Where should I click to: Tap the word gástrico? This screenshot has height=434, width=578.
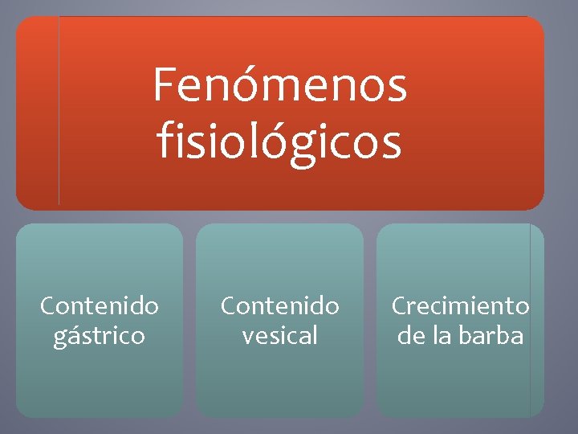coord(100,335)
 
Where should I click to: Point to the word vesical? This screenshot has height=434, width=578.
coord(280,335)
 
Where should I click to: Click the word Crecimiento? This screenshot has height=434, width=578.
coord(460,306)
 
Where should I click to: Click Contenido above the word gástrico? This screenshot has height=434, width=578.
coord(100,306)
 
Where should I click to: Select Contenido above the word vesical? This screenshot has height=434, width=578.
coord(280,306)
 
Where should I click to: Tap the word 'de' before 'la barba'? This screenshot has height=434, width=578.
coord(411,335)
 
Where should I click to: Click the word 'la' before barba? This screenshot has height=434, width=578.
coord(442,335)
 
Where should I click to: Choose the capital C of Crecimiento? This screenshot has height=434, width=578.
coord(399,306)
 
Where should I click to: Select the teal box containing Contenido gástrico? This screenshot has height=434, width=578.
coord(100,378)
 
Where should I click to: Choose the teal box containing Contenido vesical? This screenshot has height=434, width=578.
coord(280,378)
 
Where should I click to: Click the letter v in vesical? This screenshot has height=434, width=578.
coord(248,336)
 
